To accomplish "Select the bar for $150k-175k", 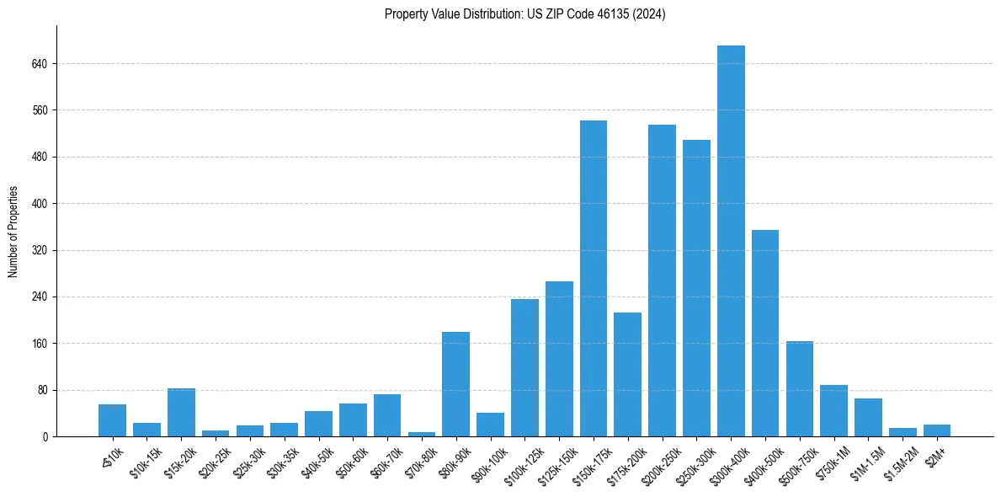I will (594, 278).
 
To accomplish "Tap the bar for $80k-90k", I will (455, 384).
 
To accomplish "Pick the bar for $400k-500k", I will (765, 333).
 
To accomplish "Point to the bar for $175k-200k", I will (627, 374).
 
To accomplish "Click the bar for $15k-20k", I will (181, 412).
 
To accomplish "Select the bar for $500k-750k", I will (800, 388).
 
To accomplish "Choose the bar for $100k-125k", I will (524, 367).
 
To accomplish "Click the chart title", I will (524, 14).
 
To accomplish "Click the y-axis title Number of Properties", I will (13, 231).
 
